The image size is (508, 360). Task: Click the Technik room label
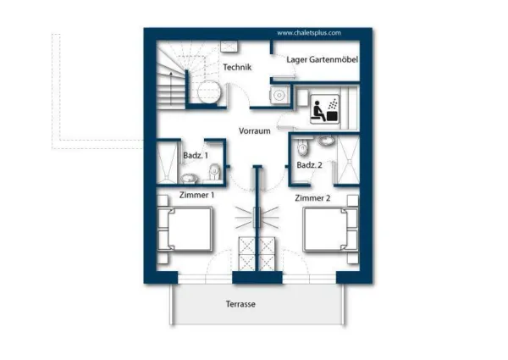[x=237, y=67]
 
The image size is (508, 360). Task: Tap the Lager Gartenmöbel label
[x=322, y=59]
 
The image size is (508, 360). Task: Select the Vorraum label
[x=254, y=131]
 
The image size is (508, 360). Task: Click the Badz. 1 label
[x=196, y=156]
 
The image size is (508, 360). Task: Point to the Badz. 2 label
[x=309, y=165]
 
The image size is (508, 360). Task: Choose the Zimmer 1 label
[x=196, y=195]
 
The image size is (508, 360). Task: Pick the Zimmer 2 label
[x=312, y=198]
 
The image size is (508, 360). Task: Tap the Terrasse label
[x=240, y=304]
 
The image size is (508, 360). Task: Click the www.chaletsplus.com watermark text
[x=309, y=33]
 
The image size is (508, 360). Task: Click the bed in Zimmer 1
[x=185, y=229]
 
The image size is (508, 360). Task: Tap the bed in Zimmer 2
[x=330, y=230]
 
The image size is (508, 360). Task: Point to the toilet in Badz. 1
[x=214, y=171]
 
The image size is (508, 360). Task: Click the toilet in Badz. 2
[x=303, y=147]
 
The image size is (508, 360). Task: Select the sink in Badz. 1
[x=189, y=178]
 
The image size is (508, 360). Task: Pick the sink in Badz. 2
[x=326, y=141]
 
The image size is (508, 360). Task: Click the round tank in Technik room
[x=210, y=91]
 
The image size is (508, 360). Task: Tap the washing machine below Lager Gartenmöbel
[x=279, y=95]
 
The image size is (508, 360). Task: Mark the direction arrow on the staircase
[x=171, y=88]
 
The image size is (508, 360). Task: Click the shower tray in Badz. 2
[x=348, y=160]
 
